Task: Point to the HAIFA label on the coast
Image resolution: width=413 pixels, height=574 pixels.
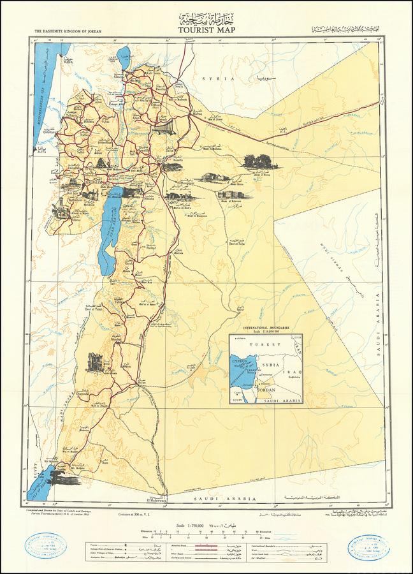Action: pos(68,63)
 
